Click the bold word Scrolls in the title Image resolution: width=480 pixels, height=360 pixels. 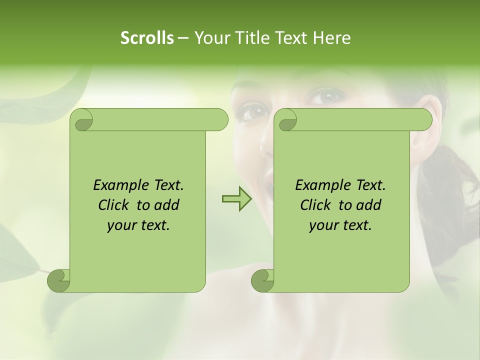tap(147, 38)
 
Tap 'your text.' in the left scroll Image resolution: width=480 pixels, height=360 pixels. tap(138, 225)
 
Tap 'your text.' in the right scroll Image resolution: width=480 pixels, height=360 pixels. tap(340, 225)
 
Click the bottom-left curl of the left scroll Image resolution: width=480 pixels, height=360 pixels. tap(58, 280)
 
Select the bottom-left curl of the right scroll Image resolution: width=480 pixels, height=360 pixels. tap(262, 280)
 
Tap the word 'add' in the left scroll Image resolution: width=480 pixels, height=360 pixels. tap(166, 205)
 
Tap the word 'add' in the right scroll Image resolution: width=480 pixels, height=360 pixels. tap(368, 205)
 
